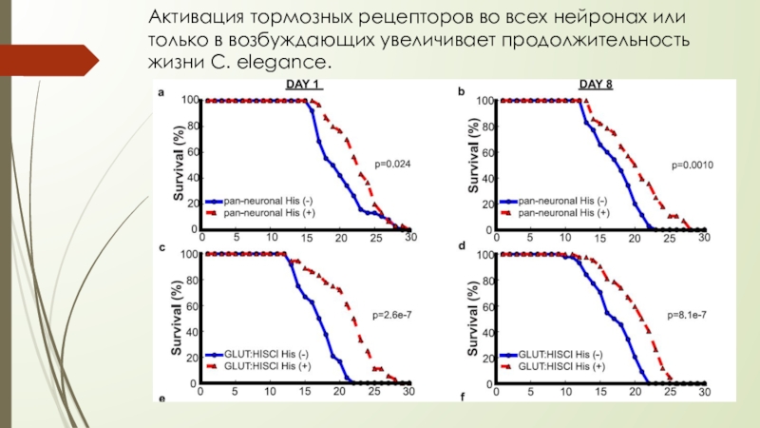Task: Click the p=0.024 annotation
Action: [x=390, y=165]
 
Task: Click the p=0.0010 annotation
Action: [x=692, y=165]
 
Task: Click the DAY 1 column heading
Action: [x=305, y=85]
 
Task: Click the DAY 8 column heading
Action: [x=597, y=85]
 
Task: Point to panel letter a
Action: [x=161, y=92]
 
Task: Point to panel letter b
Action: [x=462, y=92]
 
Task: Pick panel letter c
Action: [x=161, y=247]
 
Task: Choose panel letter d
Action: [x=462, y=247]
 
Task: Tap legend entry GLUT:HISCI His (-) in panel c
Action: [x=266, y=355]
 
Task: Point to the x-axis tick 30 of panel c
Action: [x=408, y=392]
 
